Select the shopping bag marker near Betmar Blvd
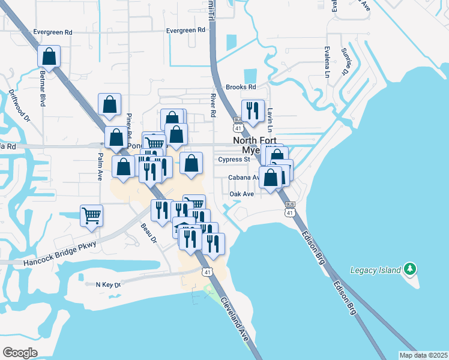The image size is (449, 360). click(x=49, y=57)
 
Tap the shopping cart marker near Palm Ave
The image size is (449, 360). click(x=91, y=215)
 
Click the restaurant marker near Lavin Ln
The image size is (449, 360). click(x=252, y=111)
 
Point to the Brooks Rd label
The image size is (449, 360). click(x=241, y=87)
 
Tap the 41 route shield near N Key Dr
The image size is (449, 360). click(x=207, y=272)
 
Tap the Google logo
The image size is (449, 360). click(x=20, y=353)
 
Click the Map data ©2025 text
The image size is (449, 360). click(x=423, y=355)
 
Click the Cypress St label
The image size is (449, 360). click(x=234, y=160)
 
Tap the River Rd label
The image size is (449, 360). click(x=213, y=104)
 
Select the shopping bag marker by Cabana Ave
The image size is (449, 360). click(x=271, y=178)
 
